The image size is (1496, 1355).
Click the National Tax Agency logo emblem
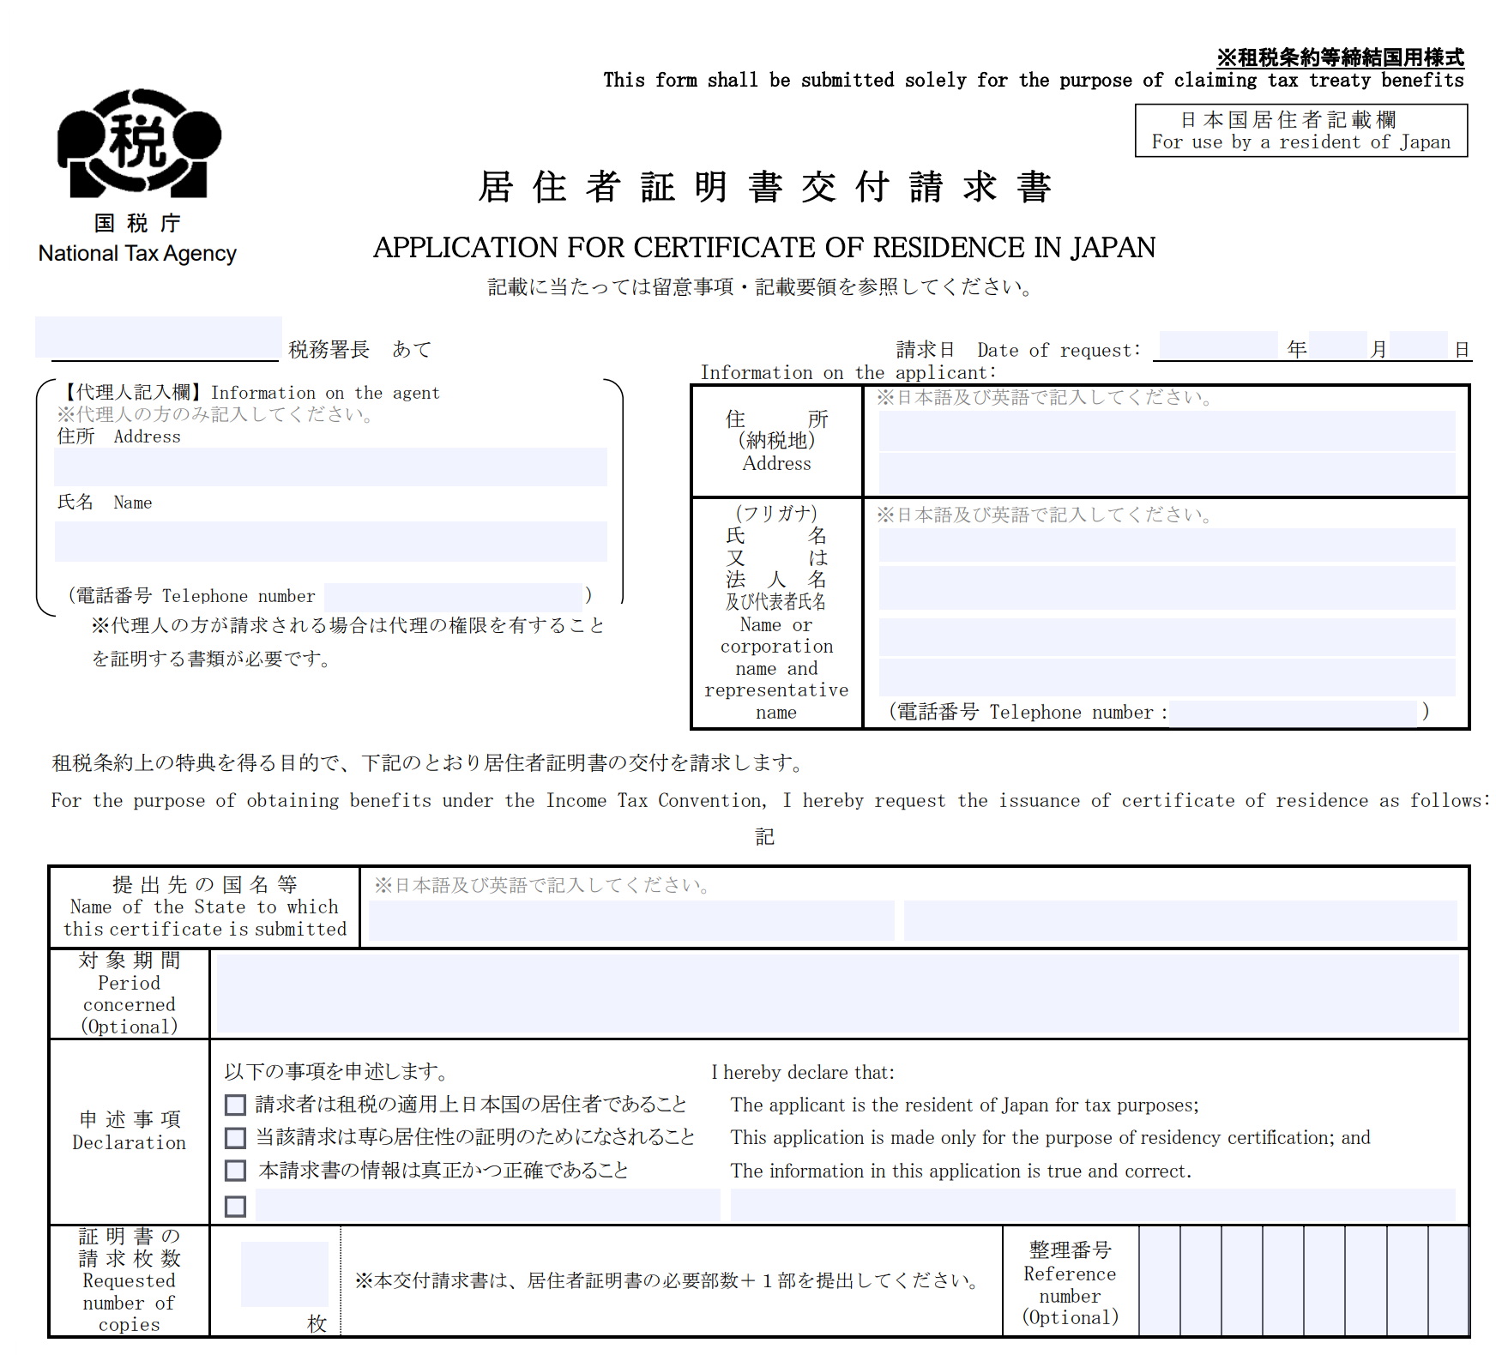point(139,143)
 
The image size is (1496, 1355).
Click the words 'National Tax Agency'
point(137,254)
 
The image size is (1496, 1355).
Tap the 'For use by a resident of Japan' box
point(1300,130)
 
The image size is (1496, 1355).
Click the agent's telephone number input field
point(453,596)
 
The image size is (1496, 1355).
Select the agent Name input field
point(330,541)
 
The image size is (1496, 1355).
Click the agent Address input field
point(330,467)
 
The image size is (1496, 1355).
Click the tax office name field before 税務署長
point(159,338)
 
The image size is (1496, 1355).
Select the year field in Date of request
point(1218,346)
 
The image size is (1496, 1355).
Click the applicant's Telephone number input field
point(1294,713)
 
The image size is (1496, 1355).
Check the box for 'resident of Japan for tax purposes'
point(235,1105)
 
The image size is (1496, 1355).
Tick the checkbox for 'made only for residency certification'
point(235,1138)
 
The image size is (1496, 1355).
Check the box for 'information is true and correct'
point(235,1171)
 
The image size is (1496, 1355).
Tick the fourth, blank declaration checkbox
point(235,1207)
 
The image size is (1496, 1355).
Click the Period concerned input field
point(837,994)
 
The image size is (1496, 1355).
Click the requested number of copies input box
point(284,1274)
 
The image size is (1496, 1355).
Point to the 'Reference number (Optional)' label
point(1070,1284)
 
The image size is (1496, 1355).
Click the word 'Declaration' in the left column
point(129,1143)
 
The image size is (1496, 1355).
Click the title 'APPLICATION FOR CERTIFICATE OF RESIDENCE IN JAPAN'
point(763,248)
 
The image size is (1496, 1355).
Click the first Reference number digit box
point(1160,1280)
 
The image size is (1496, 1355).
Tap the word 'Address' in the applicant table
point(776,464)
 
